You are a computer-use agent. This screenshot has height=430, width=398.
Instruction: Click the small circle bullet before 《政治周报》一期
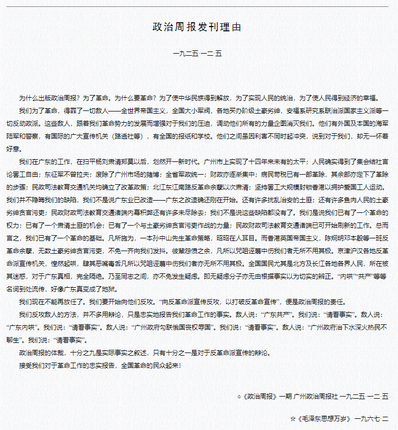click(x=239, y=396)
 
